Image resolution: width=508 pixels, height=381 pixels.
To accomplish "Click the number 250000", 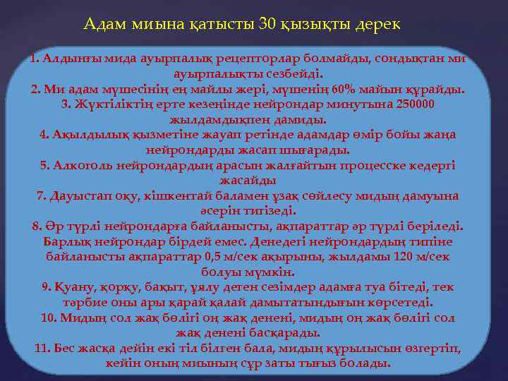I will [416, 104].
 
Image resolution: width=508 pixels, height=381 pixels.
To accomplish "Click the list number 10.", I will [48, 317].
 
